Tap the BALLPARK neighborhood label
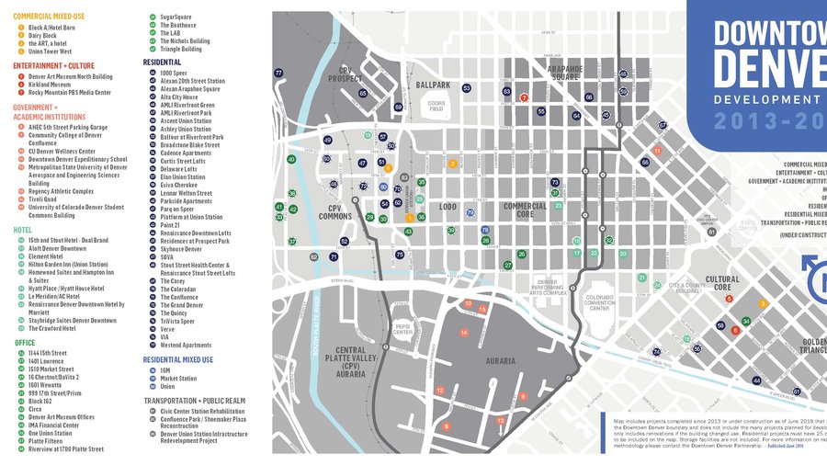pos(433,85)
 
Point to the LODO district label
pos(447,207)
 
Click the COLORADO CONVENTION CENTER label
pos(599,302)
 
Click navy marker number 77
pos(278,73)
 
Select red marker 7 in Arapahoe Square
pos(524,96)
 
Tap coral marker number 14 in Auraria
pos(464,332)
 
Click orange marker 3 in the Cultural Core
pos(763,303)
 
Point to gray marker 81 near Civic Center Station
pos(712,232)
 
